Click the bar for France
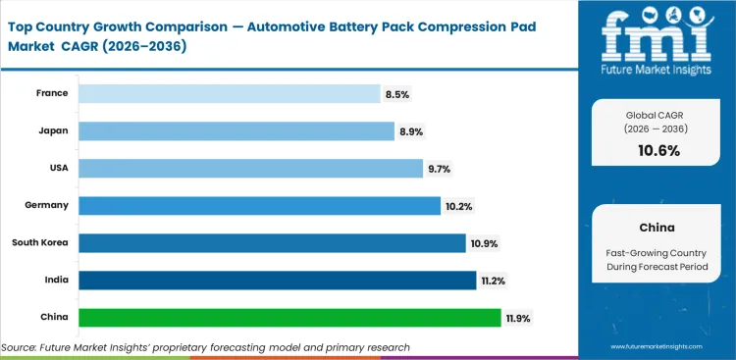229,93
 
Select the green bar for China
290,318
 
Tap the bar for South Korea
272,243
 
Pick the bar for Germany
259,205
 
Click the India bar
277,281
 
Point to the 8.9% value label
409,130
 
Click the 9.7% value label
439,168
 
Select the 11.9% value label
519,318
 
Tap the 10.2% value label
458,205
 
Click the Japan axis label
54,130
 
